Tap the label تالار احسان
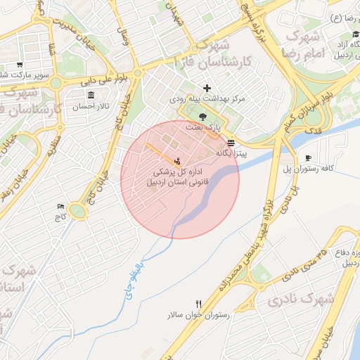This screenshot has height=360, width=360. click(x=91, y=107)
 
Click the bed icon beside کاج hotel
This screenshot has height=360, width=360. click(x=60, y=206)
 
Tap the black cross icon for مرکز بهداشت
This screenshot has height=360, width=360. click(x=207, y=88)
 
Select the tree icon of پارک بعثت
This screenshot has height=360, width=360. click(x=203, y=116)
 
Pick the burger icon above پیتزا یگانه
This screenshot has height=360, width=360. click(x=231, y=141)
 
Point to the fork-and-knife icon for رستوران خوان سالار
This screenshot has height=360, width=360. click(x=199, y=304)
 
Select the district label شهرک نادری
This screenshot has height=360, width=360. click(x=302, y=300)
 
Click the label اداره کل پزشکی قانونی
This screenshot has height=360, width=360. click(x=178, y=176)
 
